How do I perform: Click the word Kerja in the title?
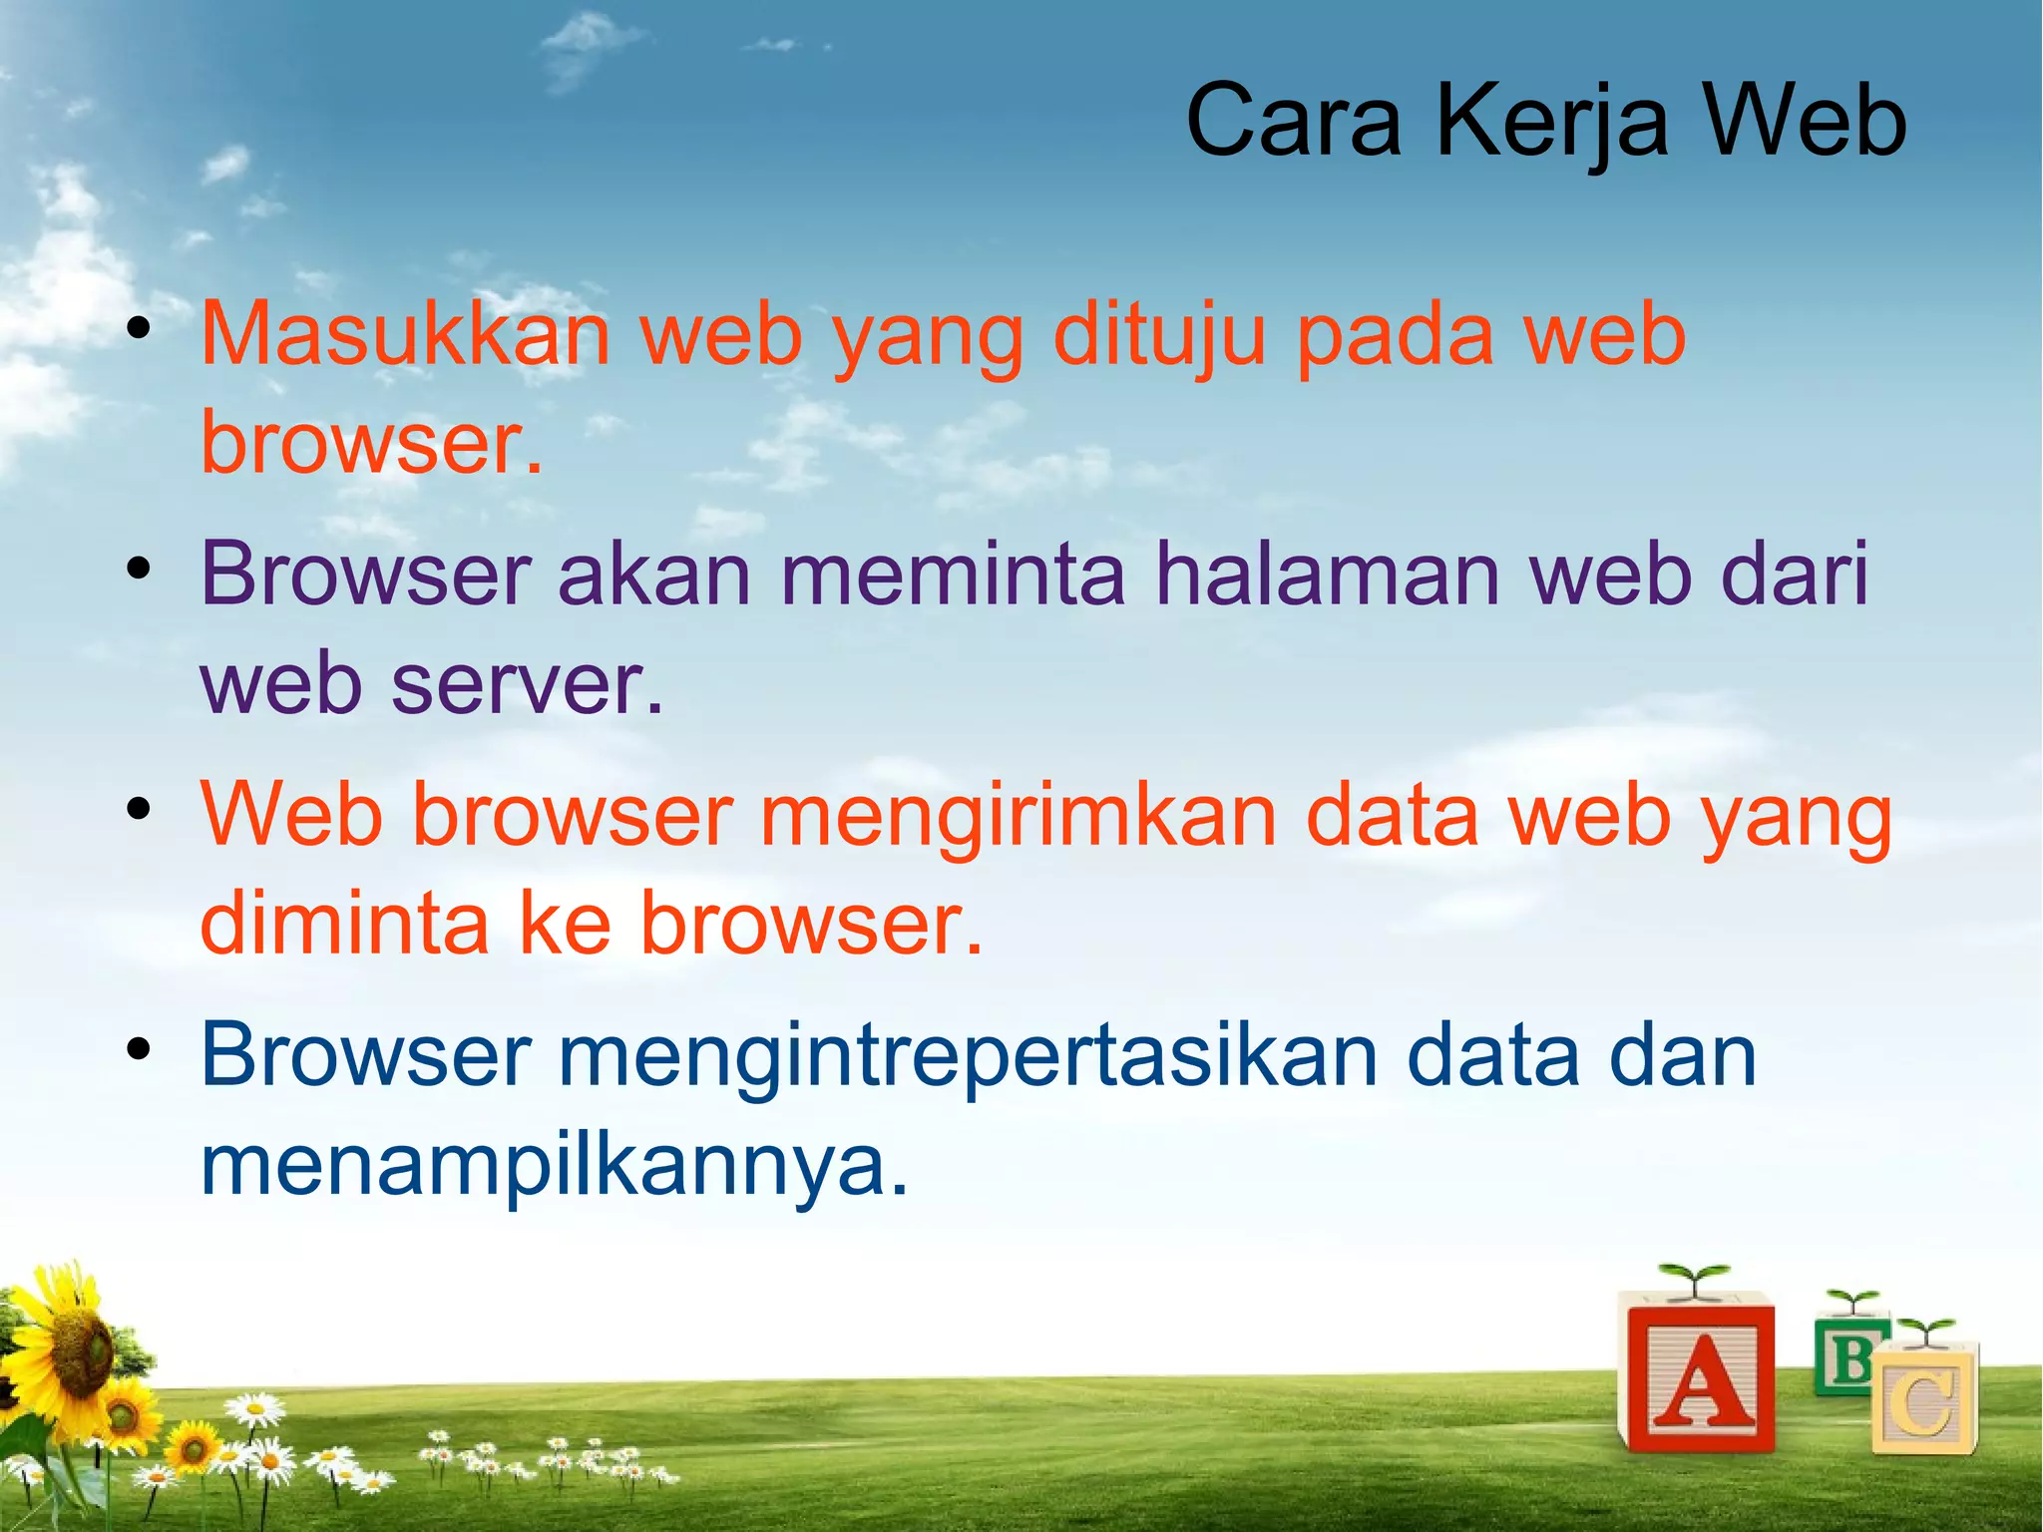(x=1551, y=122)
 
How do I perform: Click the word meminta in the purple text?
(x=952, y=574)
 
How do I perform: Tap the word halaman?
(x=1327, y=574)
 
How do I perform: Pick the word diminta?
(x=344, y=923)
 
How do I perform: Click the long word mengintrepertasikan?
(x=967, y=1055)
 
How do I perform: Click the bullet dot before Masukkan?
(x=139, y=328)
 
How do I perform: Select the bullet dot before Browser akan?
(x=139, y=569)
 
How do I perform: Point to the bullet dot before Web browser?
(x=139, y=809)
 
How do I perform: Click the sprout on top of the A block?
(x=1693, y=1278)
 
